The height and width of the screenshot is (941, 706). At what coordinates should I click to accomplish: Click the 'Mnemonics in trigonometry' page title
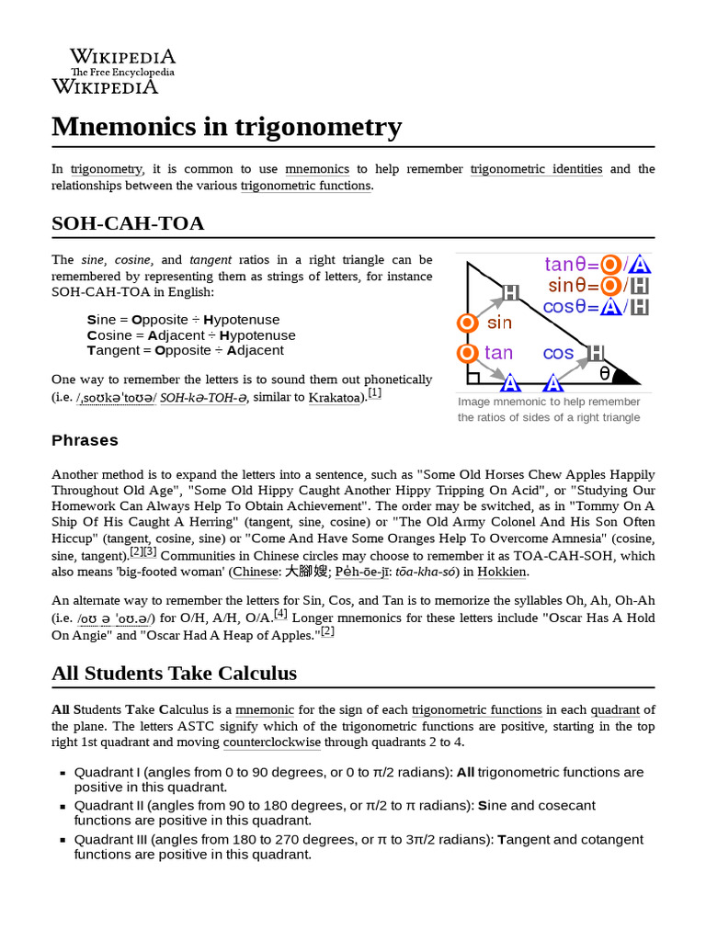coord(226,126)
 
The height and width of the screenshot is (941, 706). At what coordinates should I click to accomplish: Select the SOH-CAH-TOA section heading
coord(128,223)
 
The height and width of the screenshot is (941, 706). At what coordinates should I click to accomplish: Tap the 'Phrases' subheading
coord(85,440)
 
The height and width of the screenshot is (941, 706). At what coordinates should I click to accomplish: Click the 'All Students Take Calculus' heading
coord(174,674)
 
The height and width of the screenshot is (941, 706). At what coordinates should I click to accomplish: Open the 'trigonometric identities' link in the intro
coord(536,169)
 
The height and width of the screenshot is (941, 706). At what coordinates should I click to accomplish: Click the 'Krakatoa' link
coord(336,397)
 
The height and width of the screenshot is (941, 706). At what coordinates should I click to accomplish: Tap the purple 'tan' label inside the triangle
coord(498,353)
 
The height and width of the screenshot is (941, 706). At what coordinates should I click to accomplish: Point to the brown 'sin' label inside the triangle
coord(499,323)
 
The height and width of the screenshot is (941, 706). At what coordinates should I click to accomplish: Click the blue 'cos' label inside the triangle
coord(558,353)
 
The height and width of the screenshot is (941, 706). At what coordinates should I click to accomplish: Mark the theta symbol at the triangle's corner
coord(604,372)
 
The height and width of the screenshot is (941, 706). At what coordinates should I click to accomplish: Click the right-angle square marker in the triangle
coord(473,377)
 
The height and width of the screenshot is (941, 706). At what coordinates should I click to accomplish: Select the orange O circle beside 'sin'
coord(467,323)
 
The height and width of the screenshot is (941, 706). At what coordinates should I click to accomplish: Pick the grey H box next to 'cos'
coord(596,352)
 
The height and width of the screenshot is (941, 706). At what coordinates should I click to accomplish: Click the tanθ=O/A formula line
coord(598,265)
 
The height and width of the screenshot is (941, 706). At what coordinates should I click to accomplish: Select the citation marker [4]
coord(280,613)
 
